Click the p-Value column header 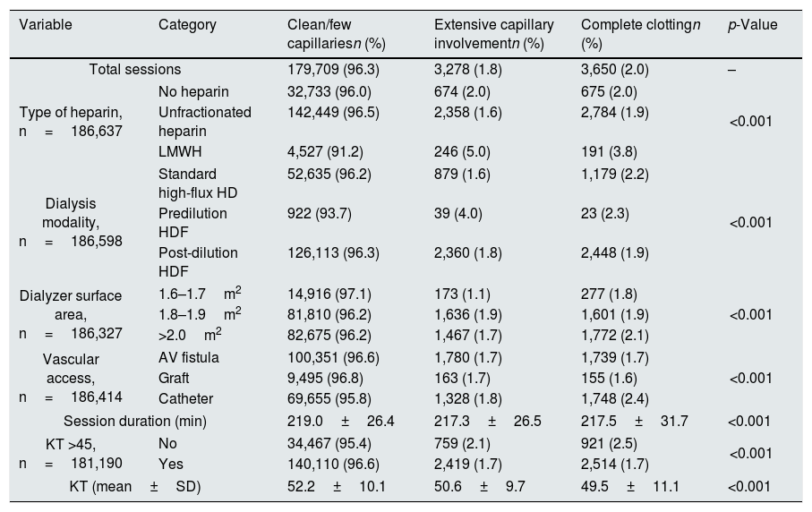pos(752,25)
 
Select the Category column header pos(187,25)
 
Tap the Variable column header pos(46,25)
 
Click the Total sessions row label pos(135,70)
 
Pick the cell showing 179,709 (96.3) pos(334,70)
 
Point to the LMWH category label pos(180,151)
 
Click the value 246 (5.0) pos(462,151)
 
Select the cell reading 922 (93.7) pos(320,213)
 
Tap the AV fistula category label pos(189,358)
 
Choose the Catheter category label pos(186,399)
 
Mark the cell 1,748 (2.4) pos(615,399)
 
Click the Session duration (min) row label pos(135,422)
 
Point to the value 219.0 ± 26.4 pos(341,422)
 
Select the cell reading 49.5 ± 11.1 pos(629,487)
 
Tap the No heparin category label pos(193,91)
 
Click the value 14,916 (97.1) pos(329,294)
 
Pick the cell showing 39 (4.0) pos(458,213)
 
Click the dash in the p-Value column pos(731,70)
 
